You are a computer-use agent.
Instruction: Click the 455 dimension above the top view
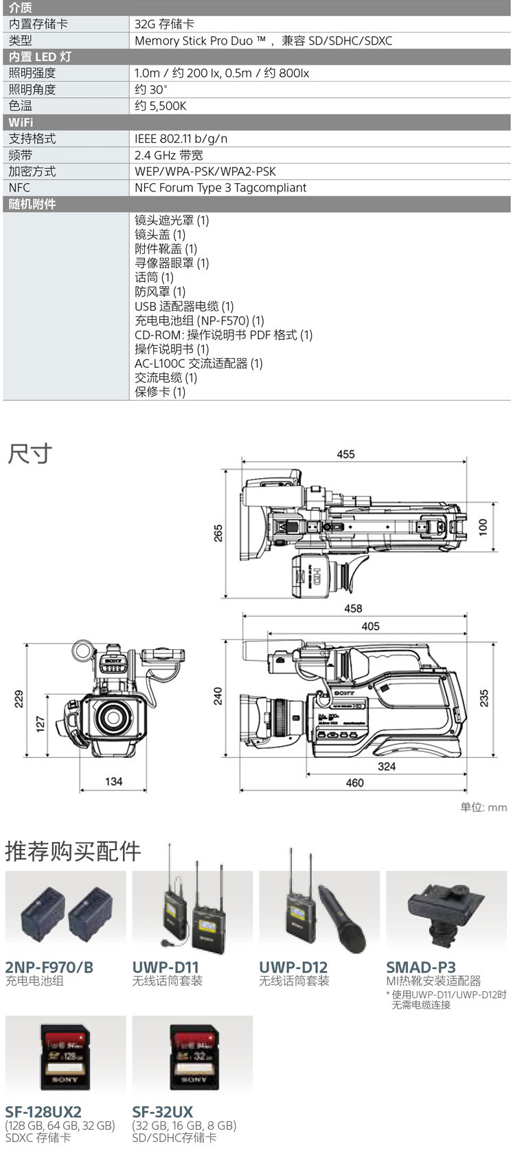tap(345, 454)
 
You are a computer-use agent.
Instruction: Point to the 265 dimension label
tap(218, 533)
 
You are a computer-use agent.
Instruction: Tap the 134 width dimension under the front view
tap(114, 781)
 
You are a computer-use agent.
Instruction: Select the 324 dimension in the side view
tap(387, 766)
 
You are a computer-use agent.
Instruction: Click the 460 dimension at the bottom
tap(354, 782)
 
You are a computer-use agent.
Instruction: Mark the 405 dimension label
tap(370, 626)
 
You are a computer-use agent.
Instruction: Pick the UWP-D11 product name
tap(165, 967)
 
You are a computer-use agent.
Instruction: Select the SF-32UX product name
tap(163, 1111)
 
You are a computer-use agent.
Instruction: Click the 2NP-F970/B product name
tap(49, 967)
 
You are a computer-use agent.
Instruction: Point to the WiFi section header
tap(21, 122)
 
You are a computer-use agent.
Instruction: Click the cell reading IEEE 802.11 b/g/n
tap(181, 139)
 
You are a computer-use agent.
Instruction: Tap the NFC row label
tap(19, 187)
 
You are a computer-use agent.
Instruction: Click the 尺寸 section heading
tap(30, 454)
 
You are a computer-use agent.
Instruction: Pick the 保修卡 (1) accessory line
tap(160, 392)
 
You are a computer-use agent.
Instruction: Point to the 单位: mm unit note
tap(483, 807)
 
